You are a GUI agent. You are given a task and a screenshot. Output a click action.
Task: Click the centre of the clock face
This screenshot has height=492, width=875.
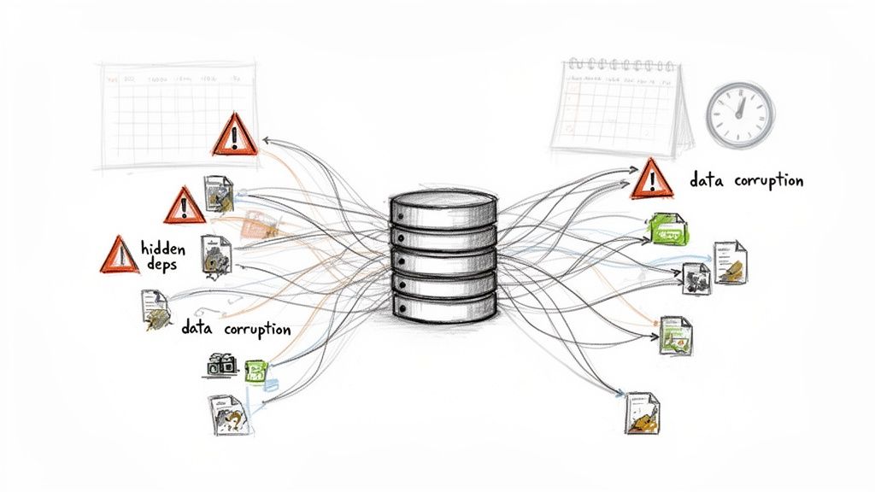click(739, 114)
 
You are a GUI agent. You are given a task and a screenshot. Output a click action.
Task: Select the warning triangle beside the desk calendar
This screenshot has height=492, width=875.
click(651, 179)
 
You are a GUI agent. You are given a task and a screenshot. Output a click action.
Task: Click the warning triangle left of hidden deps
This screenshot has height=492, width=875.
click(119, 255)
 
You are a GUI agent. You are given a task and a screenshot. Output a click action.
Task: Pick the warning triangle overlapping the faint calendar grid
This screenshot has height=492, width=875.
click(232, 135)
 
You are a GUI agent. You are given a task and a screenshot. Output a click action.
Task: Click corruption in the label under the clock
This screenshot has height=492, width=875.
click(765, 181)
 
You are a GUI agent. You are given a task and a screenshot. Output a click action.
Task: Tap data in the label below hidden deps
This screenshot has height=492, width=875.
click(197, 328)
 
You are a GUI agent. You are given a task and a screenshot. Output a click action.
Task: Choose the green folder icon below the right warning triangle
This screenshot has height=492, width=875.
click(667, 227)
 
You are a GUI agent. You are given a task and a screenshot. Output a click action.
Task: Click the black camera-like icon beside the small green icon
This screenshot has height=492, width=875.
click(222, 366)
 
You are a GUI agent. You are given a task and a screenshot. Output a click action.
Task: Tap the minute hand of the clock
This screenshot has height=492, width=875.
click(742, 104)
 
